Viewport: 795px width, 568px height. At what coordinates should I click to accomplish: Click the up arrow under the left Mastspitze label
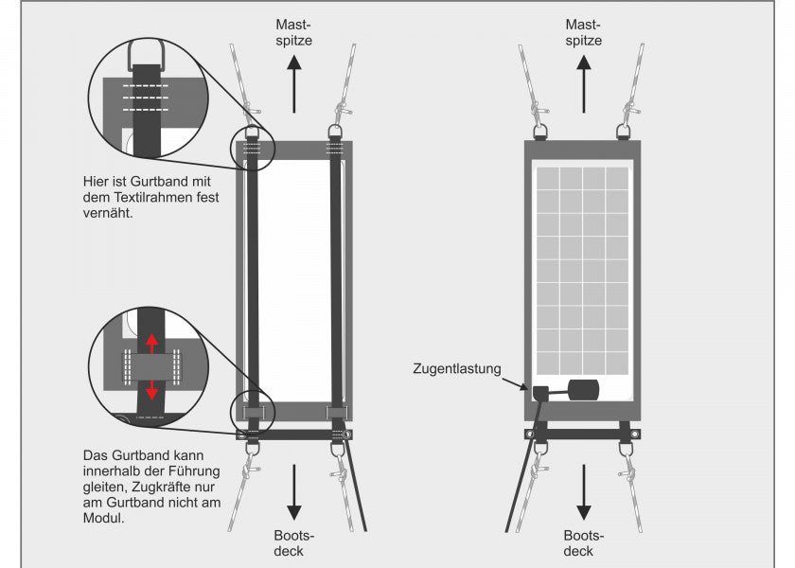click(x=293, y=77)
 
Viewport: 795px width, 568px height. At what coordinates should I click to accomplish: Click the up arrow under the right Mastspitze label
click(x=583, y=77)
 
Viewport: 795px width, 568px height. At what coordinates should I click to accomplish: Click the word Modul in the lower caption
click(x=103, y=518)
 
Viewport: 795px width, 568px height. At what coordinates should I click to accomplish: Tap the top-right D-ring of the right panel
click(x=625, y=131)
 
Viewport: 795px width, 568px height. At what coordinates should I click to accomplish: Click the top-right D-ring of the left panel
click(x=333, y=131)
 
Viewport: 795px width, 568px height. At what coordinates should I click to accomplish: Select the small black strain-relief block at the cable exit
click(x=541, y=392)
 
